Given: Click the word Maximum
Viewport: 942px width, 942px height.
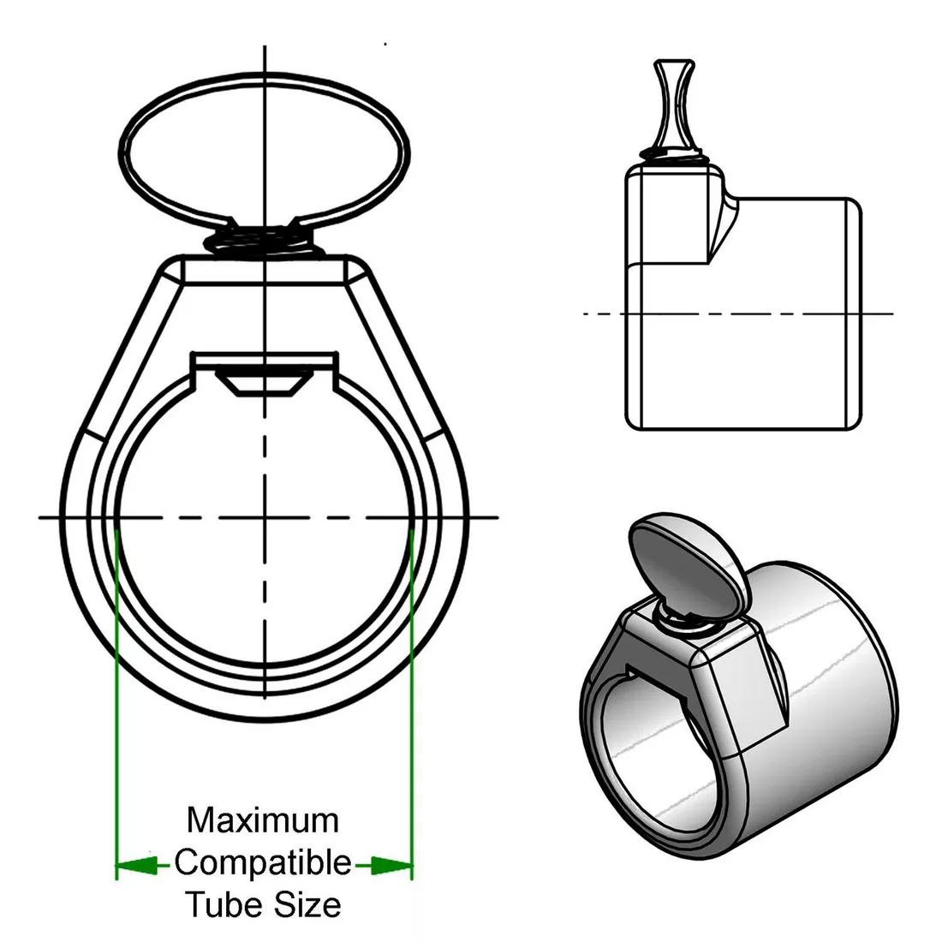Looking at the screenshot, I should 263,820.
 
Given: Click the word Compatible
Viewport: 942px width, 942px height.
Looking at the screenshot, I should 263,862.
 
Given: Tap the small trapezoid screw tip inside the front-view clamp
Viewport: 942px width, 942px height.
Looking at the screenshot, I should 265,384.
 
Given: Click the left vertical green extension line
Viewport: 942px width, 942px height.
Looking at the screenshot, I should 116,685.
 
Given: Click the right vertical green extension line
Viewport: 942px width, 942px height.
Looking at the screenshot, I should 413,685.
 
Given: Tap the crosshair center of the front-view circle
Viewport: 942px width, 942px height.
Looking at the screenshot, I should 265,517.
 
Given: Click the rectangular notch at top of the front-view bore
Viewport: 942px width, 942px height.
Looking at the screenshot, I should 265,361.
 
